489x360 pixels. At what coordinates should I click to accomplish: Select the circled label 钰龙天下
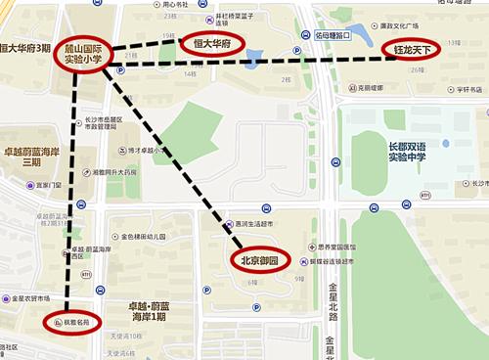point(412,48)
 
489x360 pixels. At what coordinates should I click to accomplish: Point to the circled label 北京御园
point(263,260)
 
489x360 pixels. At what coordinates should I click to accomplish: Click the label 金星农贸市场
point(29,297)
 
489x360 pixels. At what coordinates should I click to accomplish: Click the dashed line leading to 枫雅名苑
point(71,196)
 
